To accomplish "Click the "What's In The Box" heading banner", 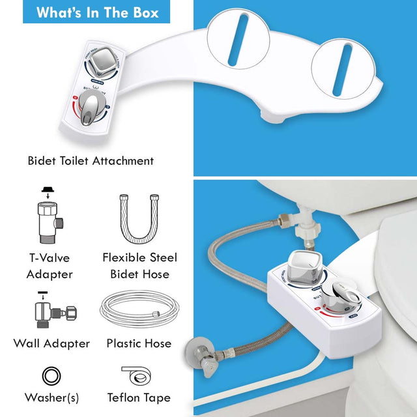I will [97, 12].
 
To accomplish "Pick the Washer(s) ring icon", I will [50, 376].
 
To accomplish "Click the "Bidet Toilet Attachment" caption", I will [91, 160].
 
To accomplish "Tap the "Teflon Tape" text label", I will [139, 397].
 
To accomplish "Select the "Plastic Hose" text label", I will [139, 343].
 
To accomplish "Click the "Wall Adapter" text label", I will [51, 343].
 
